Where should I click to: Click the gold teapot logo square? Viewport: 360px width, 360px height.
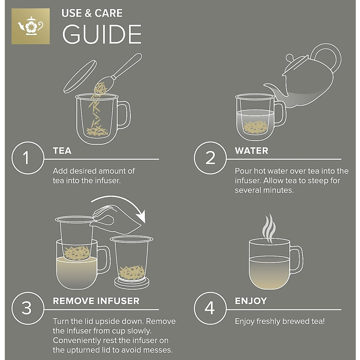31,26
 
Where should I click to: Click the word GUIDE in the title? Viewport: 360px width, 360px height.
102,34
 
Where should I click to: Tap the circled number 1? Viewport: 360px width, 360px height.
28,158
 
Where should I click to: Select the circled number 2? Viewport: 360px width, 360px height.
210,158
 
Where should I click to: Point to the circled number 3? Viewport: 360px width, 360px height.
28,308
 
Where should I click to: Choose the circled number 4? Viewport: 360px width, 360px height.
210,308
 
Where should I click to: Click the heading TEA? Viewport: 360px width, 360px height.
62,151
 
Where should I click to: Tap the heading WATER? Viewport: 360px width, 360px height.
251,151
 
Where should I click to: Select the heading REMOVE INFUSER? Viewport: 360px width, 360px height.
96,301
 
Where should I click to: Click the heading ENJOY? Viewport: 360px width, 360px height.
251,301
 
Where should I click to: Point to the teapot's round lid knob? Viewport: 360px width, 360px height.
290,58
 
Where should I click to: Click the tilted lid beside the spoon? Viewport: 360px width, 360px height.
80,76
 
